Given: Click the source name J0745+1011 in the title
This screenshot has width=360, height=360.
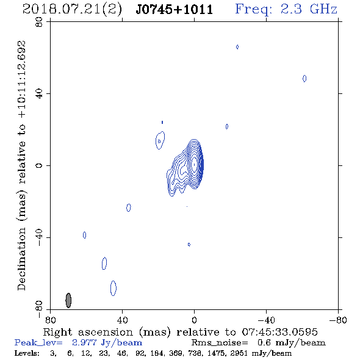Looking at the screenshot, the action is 175,10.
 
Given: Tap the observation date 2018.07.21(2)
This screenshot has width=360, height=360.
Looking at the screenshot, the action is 72,10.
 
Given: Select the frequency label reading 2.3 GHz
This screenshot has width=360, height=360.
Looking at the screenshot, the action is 309,9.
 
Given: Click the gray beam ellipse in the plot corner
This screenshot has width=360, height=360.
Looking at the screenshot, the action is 68,300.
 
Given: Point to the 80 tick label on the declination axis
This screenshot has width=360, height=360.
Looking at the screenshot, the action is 39,23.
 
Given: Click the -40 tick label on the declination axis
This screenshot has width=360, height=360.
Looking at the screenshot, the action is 39,237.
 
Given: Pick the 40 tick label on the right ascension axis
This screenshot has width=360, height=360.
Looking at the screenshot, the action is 122,320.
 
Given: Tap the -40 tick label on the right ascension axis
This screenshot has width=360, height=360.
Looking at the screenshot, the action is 266,320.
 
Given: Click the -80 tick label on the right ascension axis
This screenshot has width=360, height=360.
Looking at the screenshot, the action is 338,320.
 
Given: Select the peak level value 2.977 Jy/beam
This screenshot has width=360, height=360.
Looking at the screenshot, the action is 107,343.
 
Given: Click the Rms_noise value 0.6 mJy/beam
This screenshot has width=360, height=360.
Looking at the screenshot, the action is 291,343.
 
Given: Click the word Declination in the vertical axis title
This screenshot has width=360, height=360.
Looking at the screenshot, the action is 21,259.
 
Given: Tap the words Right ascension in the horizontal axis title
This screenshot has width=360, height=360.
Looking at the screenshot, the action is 88,332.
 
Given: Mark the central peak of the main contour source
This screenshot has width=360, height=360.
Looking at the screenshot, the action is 195,164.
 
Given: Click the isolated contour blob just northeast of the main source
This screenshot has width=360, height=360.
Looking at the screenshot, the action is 160,140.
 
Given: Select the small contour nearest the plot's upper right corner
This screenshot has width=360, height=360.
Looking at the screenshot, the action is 304,79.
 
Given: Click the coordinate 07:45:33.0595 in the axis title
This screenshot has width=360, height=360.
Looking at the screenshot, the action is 279,332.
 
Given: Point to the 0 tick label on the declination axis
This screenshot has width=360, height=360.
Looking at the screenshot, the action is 39,165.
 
